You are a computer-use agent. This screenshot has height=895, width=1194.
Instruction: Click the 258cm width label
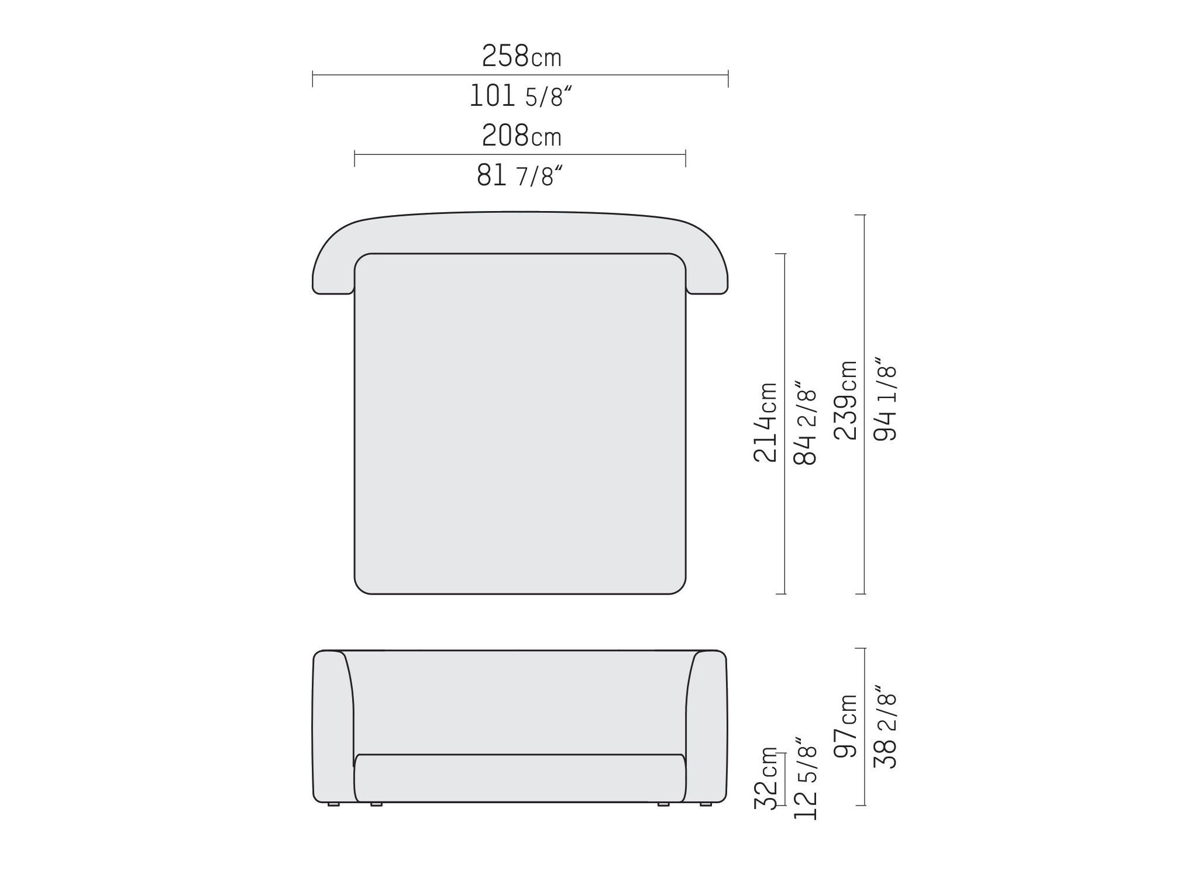click(521, 57)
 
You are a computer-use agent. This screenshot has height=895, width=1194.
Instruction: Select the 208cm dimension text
click(521, 137)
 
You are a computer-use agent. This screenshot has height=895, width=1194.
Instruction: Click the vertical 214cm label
click(765, 422)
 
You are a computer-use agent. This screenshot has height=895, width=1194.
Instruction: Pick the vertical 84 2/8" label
click(805, 422)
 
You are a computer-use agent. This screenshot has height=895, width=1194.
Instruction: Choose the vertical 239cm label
click(846, 400)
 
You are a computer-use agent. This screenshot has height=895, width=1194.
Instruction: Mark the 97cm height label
click(846, 726)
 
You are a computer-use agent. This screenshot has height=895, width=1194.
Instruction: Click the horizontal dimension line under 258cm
click(520, 75)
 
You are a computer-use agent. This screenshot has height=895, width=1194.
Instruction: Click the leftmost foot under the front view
click(333, 805)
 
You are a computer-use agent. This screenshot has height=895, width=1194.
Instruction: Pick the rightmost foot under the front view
click(706, 805)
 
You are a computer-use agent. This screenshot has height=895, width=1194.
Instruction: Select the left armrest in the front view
click(332, 725)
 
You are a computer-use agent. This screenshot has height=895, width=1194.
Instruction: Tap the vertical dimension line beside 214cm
click(785, 423)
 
